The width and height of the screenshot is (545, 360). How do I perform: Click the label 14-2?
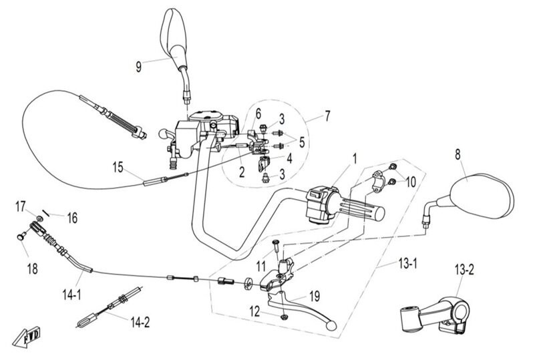point(140,322)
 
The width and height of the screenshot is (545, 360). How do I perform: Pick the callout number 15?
point(118,168)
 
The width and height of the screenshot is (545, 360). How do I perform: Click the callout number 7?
point(327,117)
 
